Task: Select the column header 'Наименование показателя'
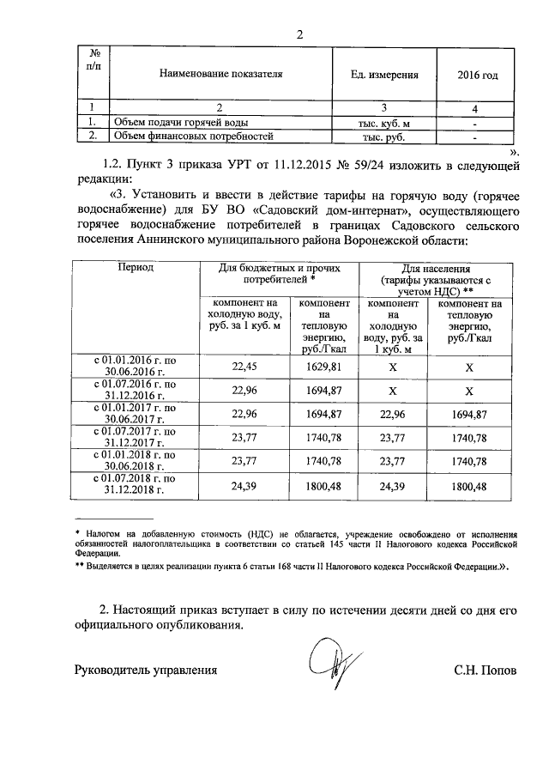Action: tap(221, 75)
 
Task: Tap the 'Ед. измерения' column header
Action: tap(384, 75)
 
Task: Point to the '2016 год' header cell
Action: tap(478, 75)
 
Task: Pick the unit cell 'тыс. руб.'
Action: tap(383, 137)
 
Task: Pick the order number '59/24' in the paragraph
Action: tap(391, 162)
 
